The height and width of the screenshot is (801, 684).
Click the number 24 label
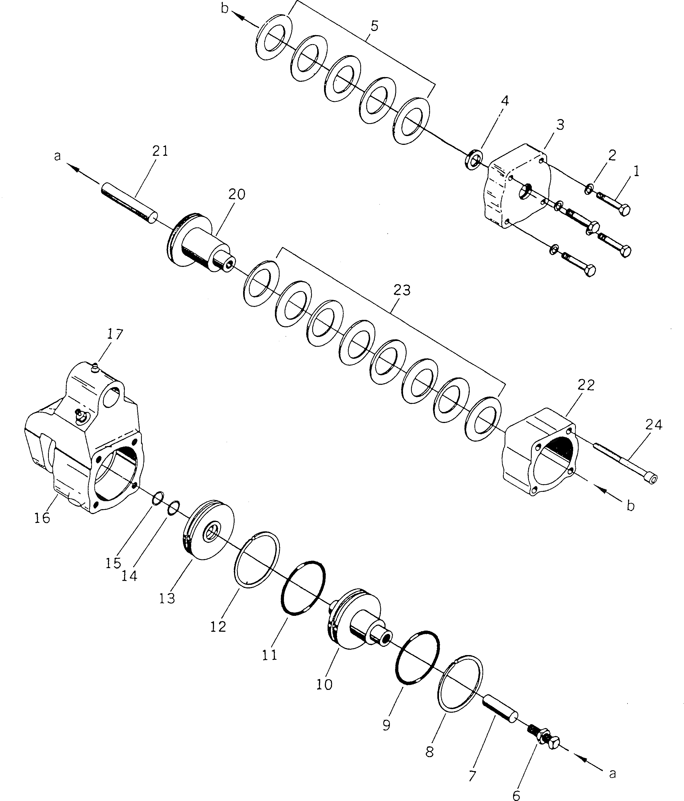click(654, 425)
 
